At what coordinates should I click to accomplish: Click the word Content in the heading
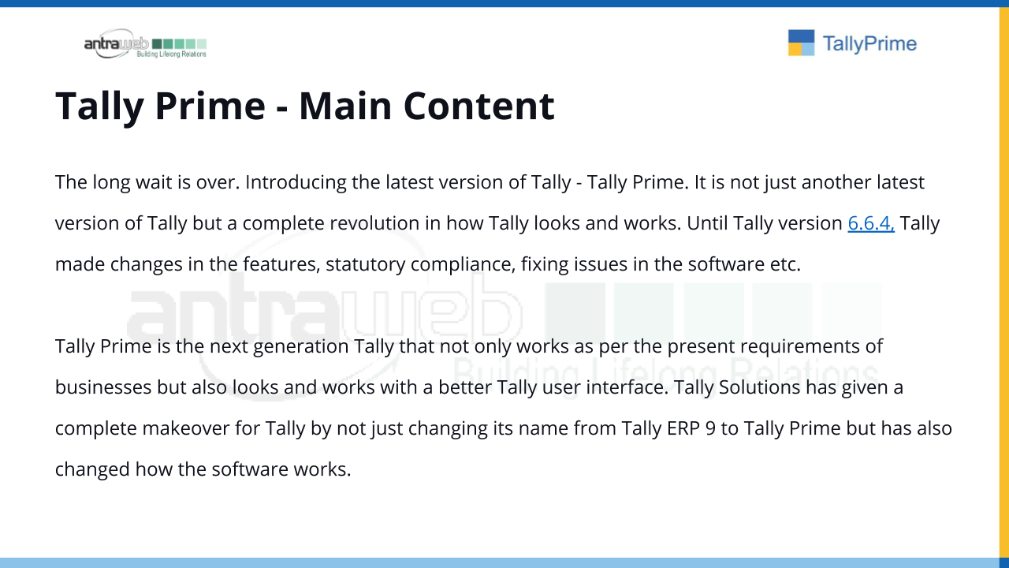coord(478,106)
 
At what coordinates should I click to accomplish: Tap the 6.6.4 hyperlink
coord(871,223)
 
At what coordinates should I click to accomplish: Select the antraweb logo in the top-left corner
coord(145,43)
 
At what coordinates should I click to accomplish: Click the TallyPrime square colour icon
coord(802,43)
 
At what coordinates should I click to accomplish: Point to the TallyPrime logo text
coord(869,43)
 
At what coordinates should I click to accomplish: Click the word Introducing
coord(296,182)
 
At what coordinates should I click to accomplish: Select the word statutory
coord(365,264)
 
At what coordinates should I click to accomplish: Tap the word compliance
coord(463,264)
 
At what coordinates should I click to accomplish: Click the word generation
coord(301,346)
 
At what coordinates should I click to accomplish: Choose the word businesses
coord(103,387)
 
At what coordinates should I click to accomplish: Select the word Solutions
coord(759,387)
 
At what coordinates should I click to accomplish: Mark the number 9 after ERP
coord(710,428)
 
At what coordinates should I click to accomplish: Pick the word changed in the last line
coord(92,469)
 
